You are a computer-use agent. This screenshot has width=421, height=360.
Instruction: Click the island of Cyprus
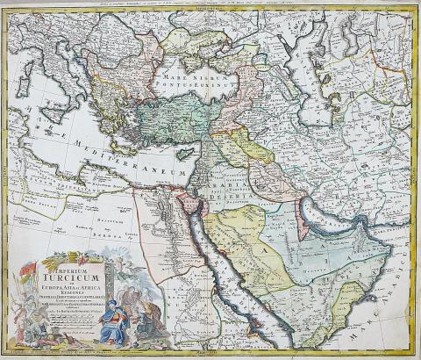coord(186,154)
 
